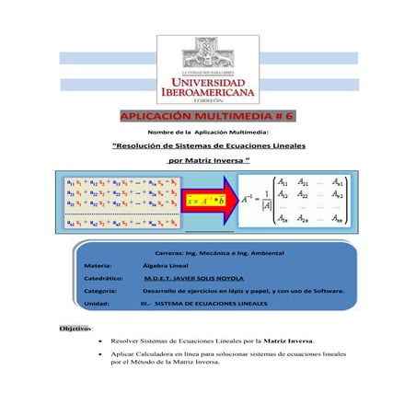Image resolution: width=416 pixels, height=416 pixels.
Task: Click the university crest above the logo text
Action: pyautogui.click(x=207, y=54)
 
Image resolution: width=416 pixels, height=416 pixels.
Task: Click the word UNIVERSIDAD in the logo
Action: pyautogui.click(x=207, y=83)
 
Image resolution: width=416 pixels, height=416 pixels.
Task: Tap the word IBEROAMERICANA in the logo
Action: pyautogui.click(x=207, y=94)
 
